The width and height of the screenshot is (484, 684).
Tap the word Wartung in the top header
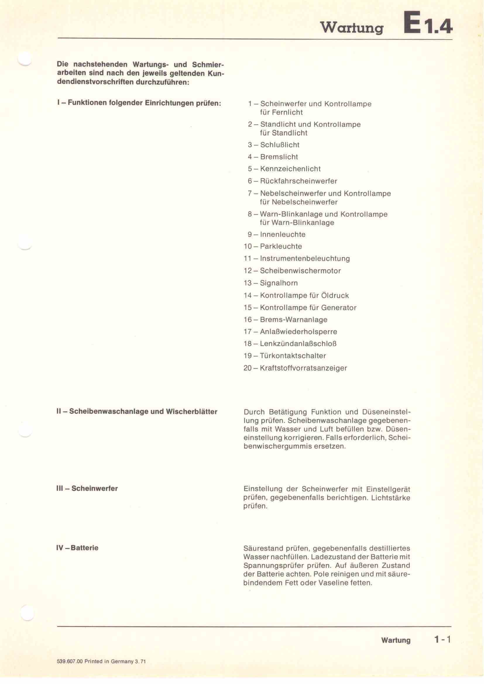352,28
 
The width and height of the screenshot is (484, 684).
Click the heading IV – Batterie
77,548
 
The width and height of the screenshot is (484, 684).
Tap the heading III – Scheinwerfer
87,488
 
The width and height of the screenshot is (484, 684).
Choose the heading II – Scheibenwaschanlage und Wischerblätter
137,412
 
